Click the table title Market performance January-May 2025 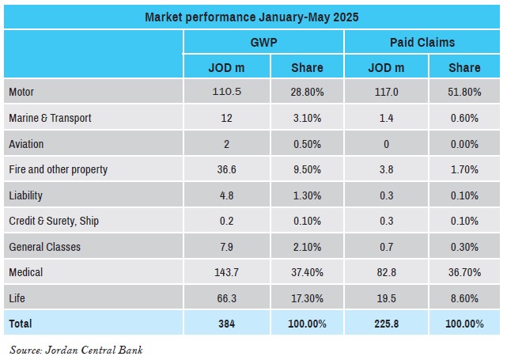point(252,17)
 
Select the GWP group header point(263,43)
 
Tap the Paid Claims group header point(422,43)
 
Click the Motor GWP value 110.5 point(227,92)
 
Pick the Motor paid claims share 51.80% point(464,92)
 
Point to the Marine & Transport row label point(50,118)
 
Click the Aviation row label point(26,144)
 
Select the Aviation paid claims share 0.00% point(464,144)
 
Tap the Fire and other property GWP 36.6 point(226,169)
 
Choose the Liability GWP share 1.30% point(307,195)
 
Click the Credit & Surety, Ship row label point(54,221)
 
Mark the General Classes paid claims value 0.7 point(387,247)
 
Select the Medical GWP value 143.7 point(227,272)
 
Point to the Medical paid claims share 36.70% point(464,272)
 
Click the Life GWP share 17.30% point(307,298)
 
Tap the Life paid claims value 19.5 point(387,298)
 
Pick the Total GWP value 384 point(226,324)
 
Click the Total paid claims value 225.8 point(387,324)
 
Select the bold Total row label point(21,324)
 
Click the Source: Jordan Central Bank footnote point(76,350)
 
